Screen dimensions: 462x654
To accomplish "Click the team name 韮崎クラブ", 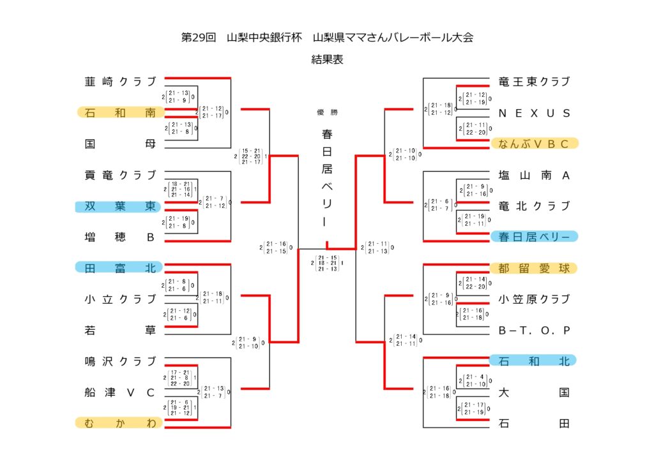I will coord(120,81).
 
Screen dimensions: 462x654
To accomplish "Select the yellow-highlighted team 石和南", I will coord(120,112).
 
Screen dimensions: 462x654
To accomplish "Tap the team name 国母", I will coord(120,144).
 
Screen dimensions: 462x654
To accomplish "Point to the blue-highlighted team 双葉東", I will coord(120,206).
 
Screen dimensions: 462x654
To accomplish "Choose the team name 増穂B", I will coord(120,237).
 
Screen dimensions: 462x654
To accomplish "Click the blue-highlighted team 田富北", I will coord(120,268).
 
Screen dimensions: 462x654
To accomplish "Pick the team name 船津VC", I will coord(120,392).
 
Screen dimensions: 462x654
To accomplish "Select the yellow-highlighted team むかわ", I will coord(120,422).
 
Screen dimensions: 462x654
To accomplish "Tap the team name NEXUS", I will coord(534,113).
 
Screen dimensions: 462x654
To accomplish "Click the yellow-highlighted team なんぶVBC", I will coord(534,144).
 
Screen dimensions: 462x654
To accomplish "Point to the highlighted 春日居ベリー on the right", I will coord(534,237).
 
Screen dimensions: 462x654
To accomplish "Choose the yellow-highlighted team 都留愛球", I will coord(534,268).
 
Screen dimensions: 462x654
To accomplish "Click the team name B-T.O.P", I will coord(534,330).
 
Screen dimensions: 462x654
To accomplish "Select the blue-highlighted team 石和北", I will coord(534,361).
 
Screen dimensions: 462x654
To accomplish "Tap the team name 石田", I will coord(534,422).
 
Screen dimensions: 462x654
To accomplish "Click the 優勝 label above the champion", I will coord(327,112).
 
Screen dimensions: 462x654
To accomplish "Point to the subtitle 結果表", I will coord(327,59).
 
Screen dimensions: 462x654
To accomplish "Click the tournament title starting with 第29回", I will coord(327,37).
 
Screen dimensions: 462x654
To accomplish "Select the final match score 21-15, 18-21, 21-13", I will coord(327,263).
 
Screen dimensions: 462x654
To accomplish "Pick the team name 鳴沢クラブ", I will coord(120,361).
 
